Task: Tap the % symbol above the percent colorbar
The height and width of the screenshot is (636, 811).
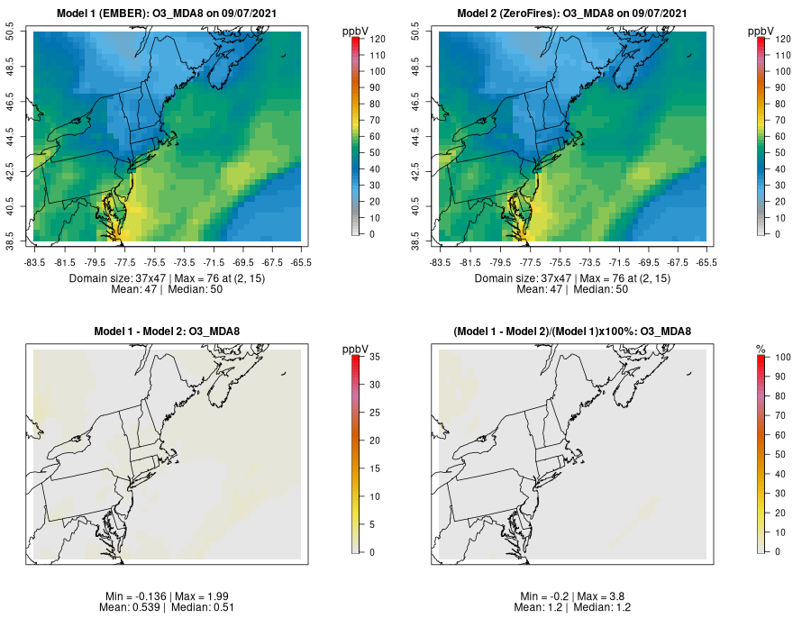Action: (x=761, y=348)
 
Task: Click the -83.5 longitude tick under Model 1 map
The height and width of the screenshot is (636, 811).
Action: (x=35, y=262)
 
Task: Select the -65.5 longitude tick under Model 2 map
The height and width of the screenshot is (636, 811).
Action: (x=706, y=262)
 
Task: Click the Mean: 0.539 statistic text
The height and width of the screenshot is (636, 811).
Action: (x=133, y=607)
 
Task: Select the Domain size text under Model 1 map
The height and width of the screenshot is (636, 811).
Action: (x=117, y=278)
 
